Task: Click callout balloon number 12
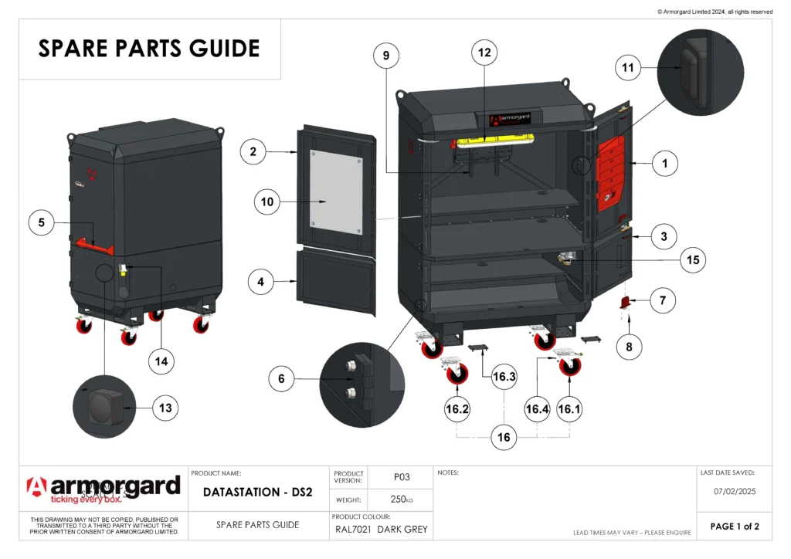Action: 484,53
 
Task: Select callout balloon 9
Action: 386,56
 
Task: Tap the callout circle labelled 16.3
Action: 504,377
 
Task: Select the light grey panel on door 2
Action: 336,193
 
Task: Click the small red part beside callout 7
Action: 626,303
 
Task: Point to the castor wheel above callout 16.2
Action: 456,371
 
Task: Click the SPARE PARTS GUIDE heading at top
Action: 149,49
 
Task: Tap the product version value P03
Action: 401,477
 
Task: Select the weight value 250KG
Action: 401,500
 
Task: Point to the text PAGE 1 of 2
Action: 734,527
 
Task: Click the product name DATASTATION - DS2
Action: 257,492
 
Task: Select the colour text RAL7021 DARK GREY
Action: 381,530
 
